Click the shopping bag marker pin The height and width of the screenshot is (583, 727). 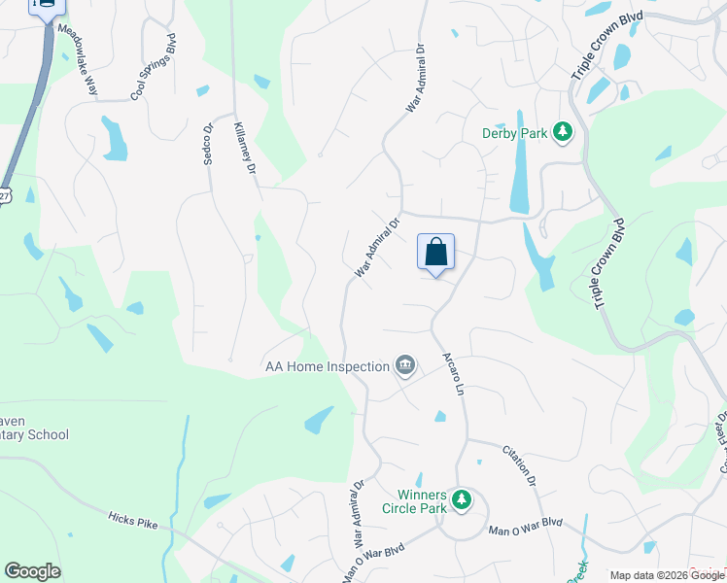(436, 253)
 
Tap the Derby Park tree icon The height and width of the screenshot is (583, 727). (562, 132)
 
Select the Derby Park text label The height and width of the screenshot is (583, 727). (514, 133)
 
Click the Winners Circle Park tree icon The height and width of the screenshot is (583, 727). (464, 500)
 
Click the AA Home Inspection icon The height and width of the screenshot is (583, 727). (405, 366)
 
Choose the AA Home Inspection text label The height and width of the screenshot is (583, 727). (327, 367)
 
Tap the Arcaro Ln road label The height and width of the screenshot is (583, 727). (453, 374)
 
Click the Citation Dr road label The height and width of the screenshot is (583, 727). (520, 466)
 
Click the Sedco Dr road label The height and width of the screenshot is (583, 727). (208, 144)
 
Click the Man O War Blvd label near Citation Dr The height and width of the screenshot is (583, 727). (526, 527)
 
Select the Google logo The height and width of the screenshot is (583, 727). (32, 571)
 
